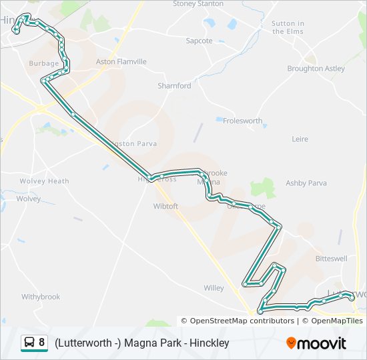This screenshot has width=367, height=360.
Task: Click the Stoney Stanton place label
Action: coord(198,3)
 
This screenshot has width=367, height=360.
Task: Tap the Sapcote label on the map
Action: coord(199,41)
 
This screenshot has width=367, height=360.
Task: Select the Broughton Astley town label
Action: coord(316,69)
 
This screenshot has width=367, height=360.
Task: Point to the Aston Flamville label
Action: coord(121,61)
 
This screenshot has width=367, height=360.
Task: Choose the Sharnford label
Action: coord(174,86)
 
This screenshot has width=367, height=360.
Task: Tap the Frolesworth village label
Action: coord(242,121)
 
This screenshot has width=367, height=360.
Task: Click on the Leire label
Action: coord(300,139)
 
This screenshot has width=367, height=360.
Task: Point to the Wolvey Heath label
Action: coord(44,181)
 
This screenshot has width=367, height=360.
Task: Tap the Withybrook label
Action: coord(41,297)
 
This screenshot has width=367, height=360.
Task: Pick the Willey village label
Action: coord(214,288)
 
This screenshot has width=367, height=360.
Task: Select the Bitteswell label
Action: coord(331,258)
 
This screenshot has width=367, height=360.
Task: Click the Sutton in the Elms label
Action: coord(288,27)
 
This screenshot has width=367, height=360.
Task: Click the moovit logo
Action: coord(316,343)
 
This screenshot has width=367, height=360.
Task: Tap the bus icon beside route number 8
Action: coord(29,343)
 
